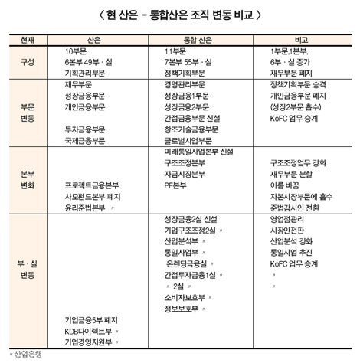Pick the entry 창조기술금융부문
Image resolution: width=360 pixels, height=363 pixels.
193,130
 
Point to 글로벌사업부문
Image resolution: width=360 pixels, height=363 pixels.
188,141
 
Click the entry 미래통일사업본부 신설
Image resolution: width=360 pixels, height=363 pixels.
199,152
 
